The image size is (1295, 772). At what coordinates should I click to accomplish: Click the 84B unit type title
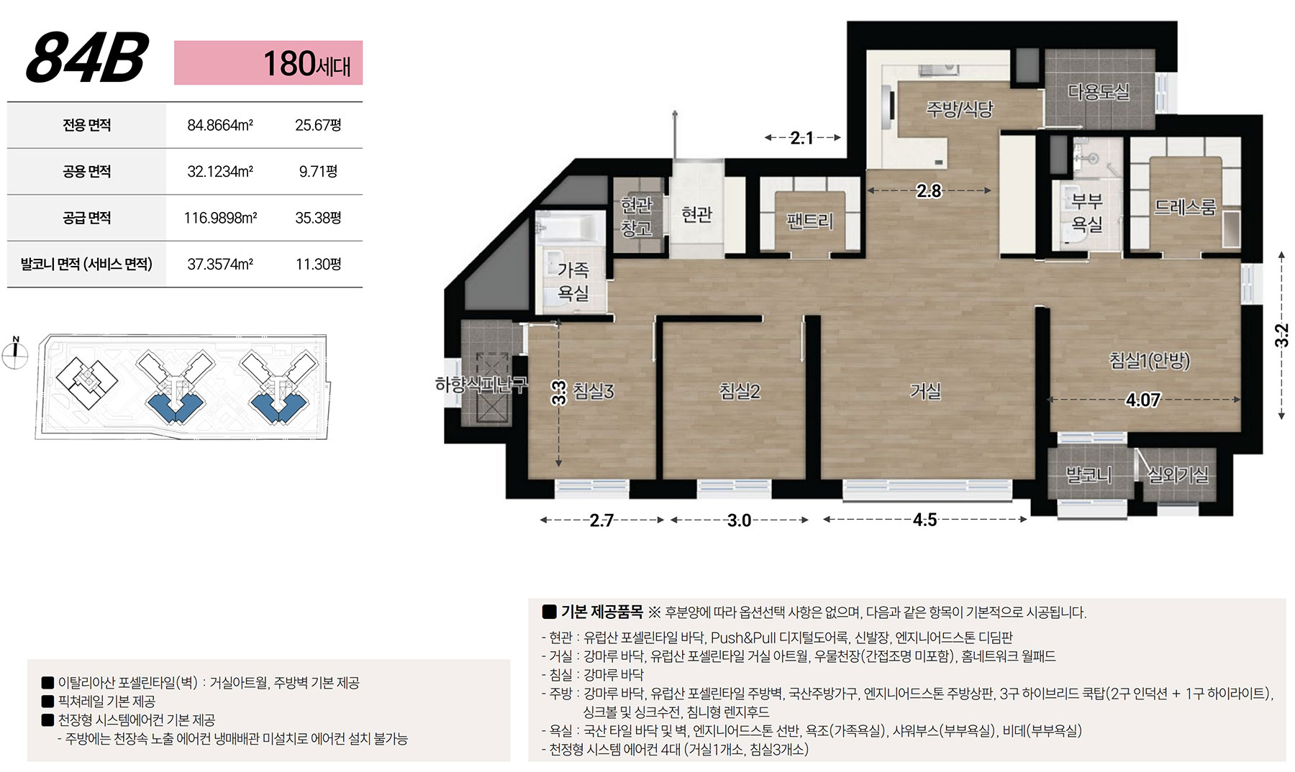(x=87, y=58)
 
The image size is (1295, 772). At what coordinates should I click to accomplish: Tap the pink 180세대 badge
(x=268, y=63)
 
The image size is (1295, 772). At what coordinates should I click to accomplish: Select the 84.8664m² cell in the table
(x=220, y=125)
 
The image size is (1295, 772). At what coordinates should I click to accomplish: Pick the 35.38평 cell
(x=318, y=218)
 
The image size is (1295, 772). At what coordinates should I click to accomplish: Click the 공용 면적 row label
(x=87, y=172)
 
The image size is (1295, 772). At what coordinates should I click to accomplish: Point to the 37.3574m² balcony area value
(x=220, y=264)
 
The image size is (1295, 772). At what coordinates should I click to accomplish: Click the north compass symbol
(x=15, y=352)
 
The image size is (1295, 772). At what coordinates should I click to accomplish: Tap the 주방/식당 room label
(x=959, y=109)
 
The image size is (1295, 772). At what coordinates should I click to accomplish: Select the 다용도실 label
(x=1098, y=92)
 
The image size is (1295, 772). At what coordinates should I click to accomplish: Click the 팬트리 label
(x=809, y=220)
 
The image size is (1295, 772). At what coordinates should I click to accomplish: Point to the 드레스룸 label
(x=1185, y=207)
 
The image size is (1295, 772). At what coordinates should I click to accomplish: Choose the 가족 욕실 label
(x=573, y=281)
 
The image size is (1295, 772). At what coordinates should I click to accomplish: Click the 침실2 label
(x=740, y=391)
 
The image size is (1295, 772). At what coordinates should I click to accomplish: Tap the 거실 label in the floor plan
(x=925, y=391)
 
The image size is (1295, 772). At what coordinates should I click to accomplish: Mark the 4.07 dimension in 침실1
(x=1142, y=400)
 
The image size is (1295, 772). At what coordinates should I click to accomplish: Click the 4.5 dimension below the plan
(x=924, y=520)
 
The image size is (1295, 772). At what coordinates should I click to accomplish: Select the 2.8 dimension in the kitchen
(x=929, y=190)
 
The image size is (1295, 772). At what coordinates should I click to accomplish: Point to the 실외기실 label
(x=1178, y=474)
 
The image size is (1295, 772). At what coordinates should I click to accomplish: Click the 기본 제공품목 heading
(x=602, y=612)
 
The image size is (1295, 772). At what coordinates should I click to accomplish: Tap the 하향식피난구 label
(x=481, y=385)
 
